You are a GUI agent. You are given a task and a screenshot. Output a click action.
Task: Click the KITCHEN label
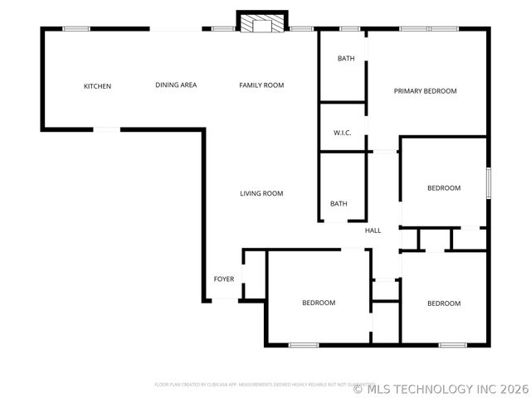click(x=97, y=86)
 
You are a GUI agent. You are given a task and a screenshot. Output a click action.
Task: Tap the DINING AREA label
click(x=176, y=85)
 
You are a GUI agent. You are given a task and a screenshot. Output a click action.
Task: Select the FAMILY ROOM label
click(x=261, y=85)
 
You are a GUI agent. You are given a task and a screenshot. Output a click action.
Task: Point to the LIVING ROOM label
click(x=261, y=193)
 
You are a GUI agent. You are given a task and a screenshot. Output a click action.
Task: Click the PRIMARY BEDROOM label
click(x=425, y=91)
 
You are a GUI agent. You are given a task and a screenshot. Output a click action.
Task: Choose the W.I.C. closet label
click(x=343, y=133)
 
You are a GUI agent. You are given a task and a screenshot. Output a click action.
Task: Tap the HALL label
click(x=373, y=231)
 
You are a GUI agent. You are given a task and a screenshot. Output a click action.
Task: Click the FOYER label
click(x=224, y=279)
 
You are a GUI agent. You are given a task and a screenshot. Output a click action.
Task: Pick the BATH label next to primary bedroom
click(x=346, y=59)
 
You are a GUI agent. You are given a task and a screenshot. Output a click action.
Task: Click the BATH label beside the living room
click(x=339, y=204)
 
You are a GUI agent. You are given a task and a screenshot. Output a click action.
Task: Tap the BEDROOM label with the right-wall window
click(x=444, y=188)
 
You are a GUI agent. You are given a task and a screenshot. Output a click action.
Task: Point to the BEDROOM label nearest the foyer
click(x=319, y=303)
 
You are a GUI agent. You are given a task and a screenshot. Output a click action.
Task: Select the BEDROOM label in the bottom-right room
click(x=444, y=303)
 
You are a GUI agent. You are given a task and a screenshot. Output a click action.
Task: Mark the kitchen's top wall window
click(x=76, y=29)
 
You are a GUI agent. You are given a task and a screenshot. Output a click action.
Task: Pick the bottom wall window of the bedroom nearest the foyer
click(x=304, y=344)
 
